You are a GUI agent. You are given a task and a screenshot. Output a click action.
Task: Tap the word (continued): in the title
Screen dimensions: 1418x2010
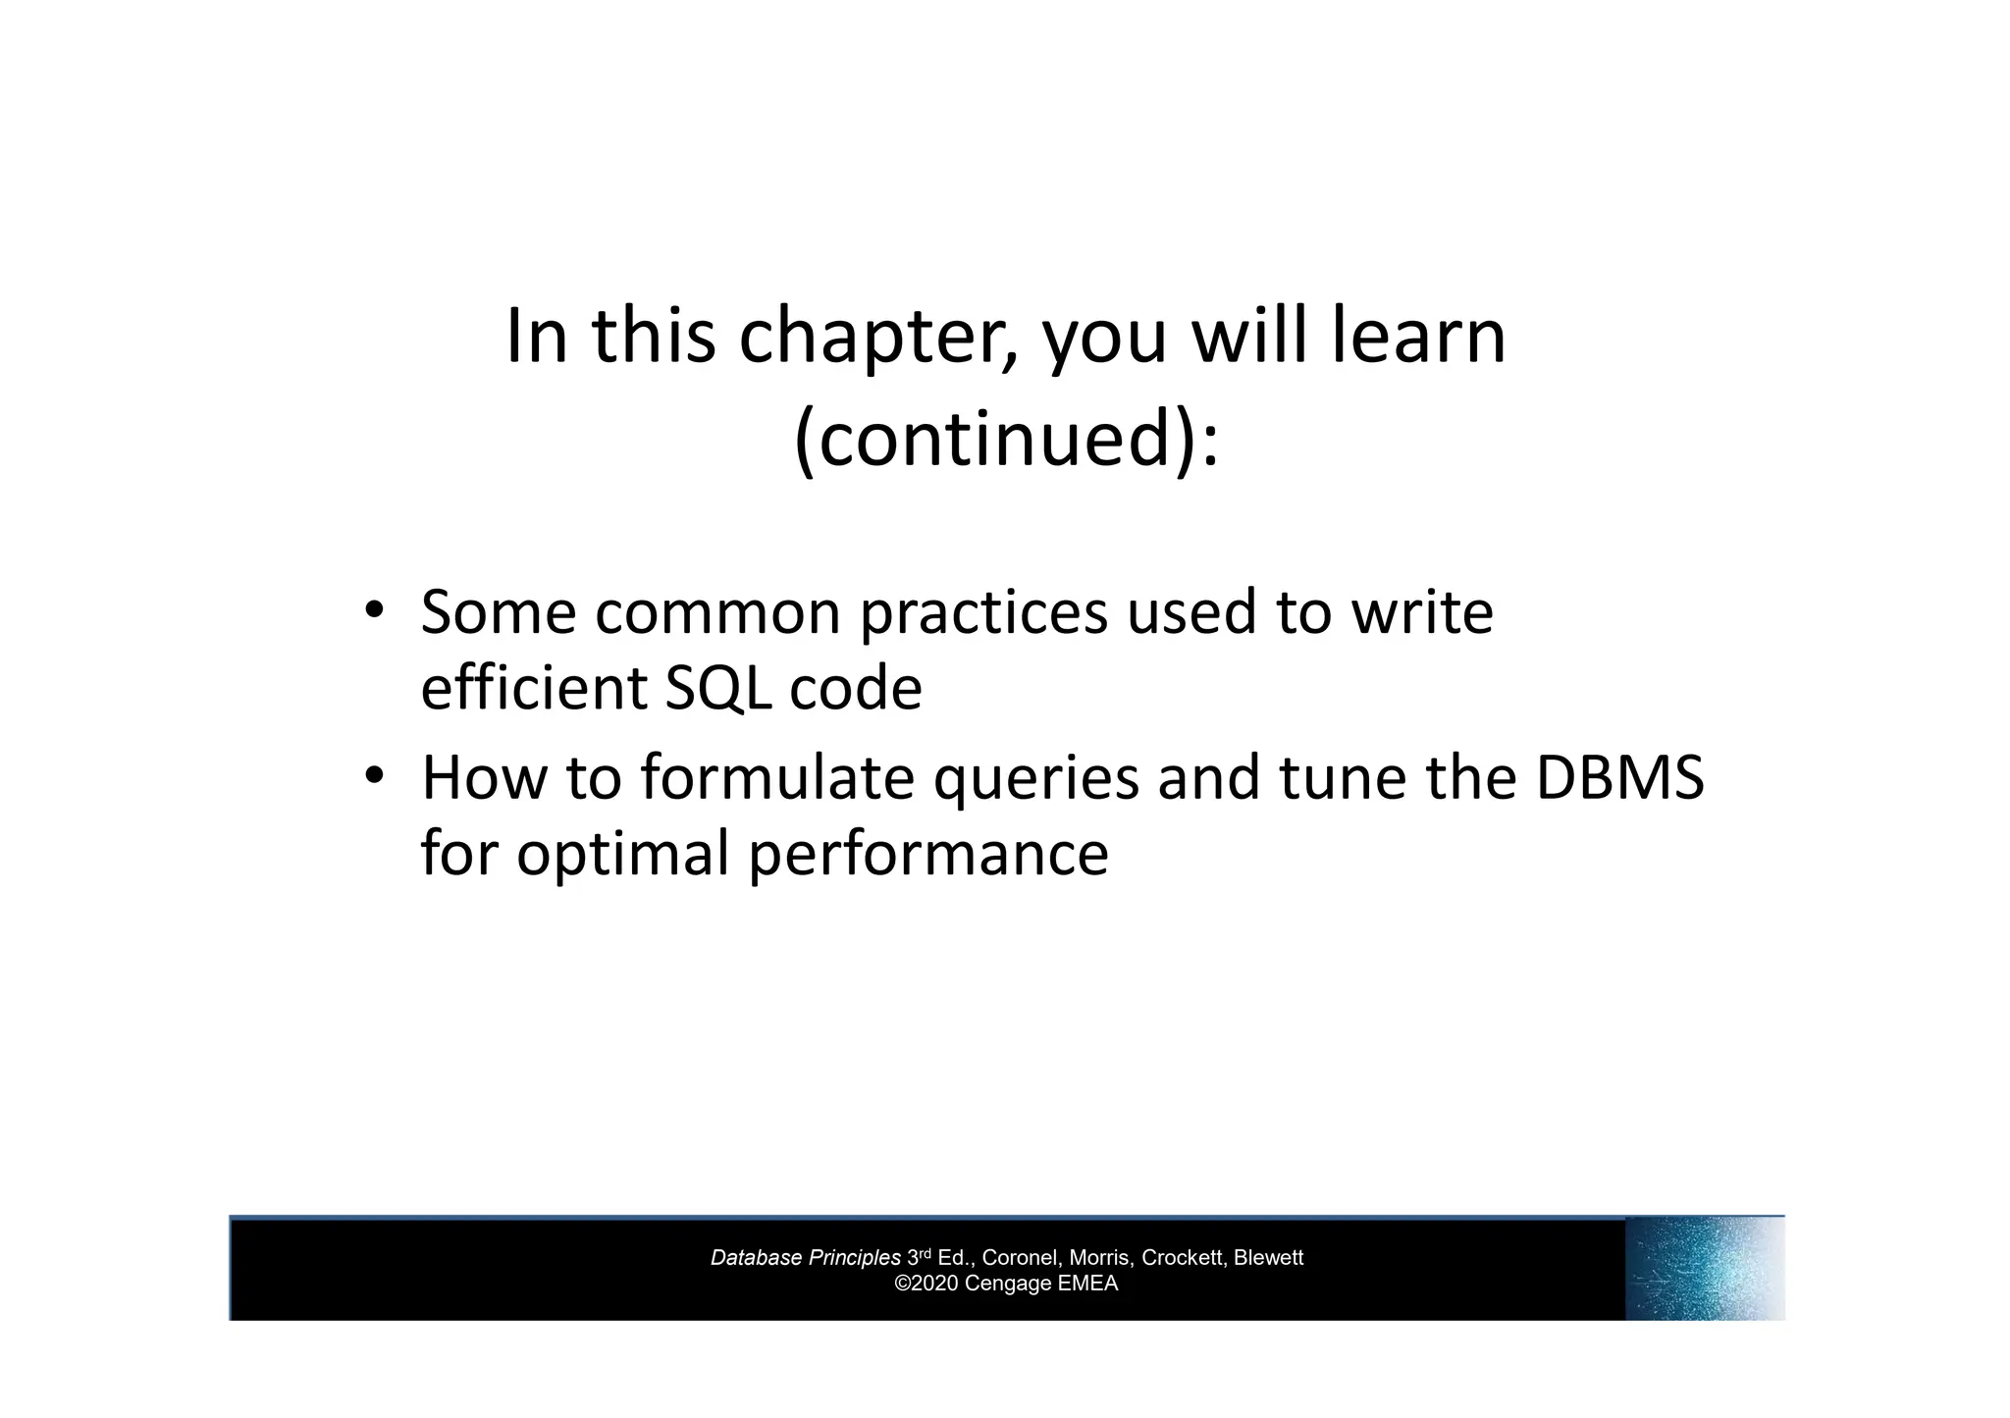pyautogui.click(x=1005, y=439)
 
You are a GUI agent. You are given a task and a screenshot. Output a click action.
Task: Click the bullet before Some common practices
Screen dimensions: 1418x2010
pyautogui.click(x=373, y=610)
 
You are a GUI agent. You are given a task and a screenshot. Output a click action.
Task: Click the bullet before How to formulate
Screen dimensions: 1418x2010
pyautogui.click(x=373, y=776)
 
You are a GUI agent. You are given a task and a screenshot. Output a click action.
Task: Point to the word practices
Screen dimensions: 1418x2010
pyautogui.click(x=983, y=613)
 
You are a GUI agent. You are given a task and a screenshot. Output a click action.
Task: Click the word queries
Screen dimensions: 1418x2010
pyautogui.click(x=1034, y=779)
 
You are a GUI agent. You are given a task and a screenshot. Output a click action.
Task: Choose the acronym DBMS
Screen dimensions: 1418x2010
pyautogui.click(x=1619, y=777)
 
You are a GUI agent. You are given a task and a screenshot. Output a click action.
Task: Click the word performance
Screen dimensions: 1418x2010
pyautogui.click(x=928, y=854)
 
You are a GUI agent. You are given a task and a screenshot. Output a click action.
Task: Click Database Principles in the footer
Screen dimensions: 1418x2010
pyautogui.click(x=805, y=1258)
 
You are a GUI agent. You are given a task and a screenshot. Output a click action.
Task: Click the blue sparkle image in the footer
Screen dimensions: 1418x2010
pyautogui.click(x=1704, y=1269)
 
